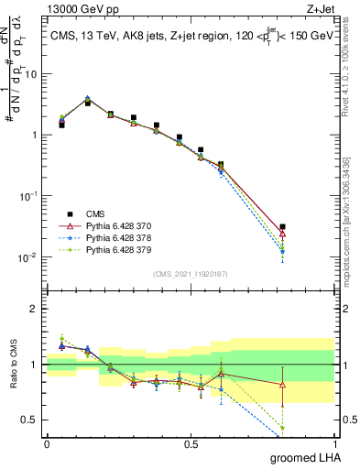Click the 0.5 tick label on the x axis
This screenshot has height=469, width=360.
[x=191, y=443]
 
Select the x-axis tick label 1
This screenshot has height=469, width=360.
[x=334, y=443]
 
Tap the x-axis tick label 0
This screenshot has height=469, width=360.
[x=47, y=443]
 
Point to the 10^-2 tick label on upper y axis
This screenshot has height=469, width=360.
[x=28, y=257]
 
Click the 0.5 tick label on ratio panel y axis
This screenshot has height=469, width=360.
[x=31, y=420]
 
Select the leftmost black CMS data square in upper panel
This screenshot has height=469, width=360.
[x=61, y=124]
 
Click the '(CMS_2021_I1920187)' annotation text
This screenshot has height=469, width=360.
[x=190, y=274]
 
